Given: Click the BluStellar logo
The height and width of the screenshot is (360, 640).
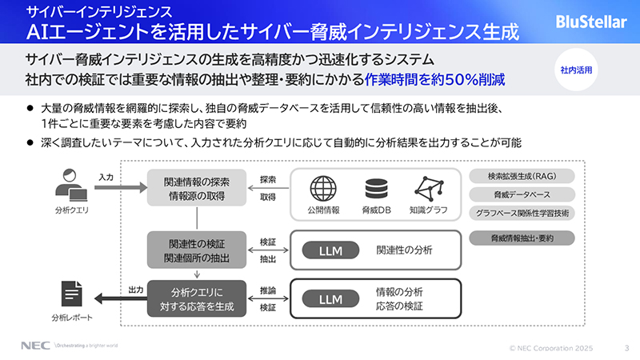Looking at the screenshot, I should coord(591,22).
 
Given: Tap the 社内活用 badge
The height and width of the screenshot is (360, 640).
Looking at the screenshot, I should coord(576,70).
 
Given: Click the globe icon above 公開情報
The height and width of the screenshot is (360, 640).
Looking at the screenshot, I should coord(323,189).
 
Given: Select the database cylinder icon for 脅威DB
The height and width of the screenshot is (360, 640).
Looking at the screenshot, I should coord(374,189).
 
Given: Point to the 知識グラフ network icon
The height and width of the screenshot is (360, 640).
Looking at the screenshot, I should coord(430,189).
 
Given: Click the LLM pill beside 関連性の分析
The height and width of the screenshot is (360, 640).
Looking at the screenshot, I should coord(330,250).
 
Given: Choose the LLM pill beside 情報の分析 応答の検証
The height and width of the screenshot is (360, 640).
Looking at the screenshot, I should coord(330,299).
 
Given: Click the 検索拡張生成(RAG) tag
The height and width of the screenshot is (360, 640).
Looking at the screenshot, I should coord(522,176).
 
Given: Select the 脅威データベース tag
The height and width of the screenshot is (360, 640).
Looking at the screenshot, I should coord(522,194).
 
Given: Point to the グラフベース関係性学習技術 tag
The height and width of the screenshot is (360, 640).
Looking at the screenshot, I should coord(522,213).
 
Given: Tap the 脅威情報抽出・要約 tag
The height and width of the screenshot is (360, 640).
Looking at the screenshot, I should coord(522,238).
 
